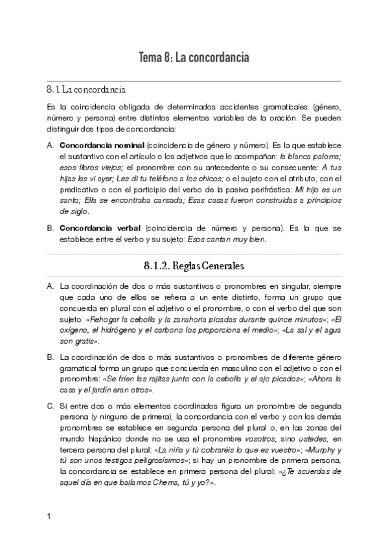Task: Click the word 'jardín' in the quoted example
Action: tap(107, 390)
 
